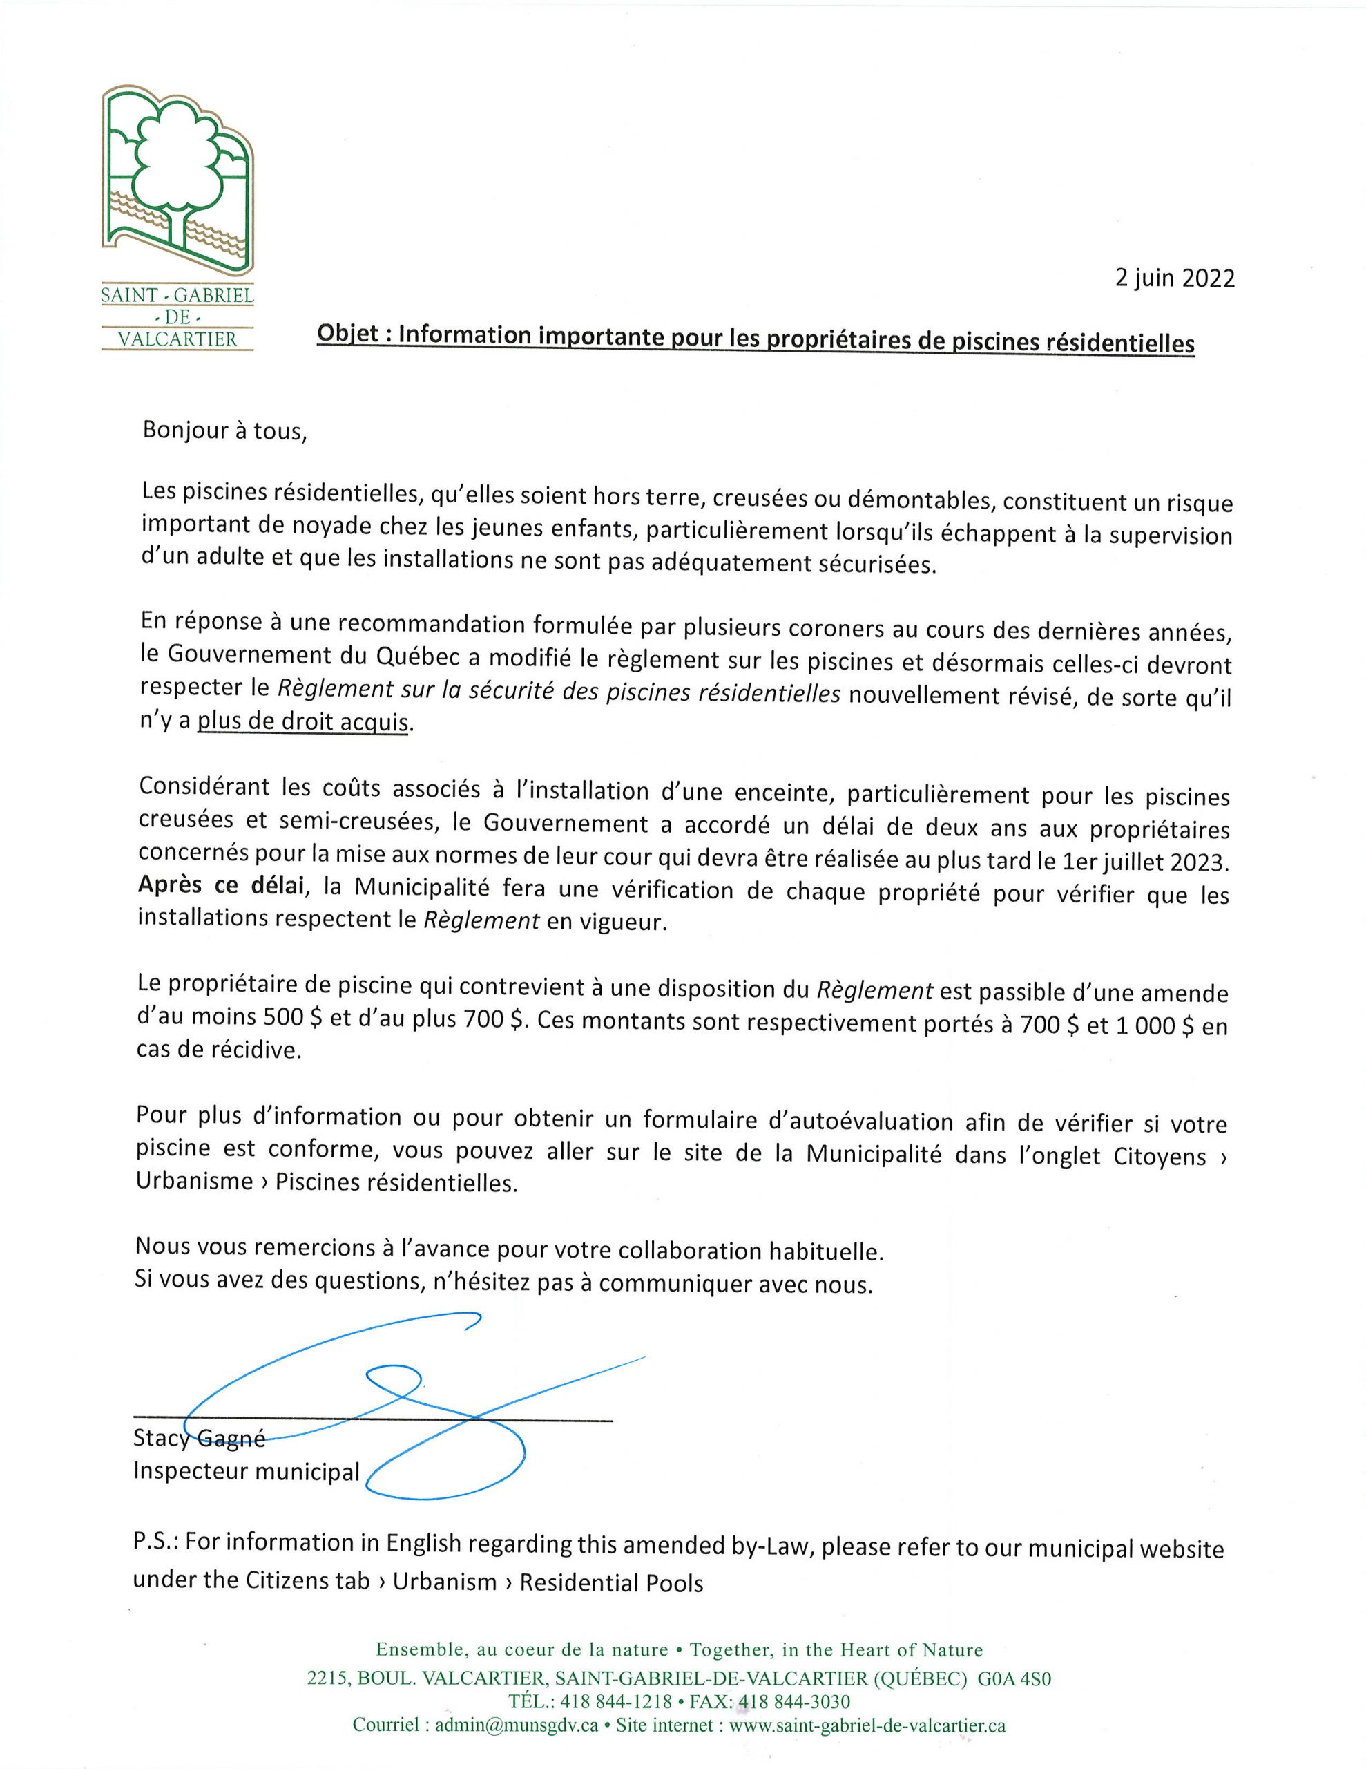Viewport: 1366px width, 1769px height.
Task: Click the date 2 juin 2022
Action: click(x=1174, y=278)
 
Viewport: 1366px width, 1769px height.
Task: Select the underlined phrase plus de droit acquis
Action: click(x=305, y=721)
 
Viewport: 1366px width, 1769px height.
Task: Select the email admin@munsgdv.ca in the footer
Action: click(x=517, y=1726)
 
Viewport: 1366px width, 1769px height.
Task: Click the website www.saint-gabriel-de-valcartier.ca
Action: click(x=867, y=1726)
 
